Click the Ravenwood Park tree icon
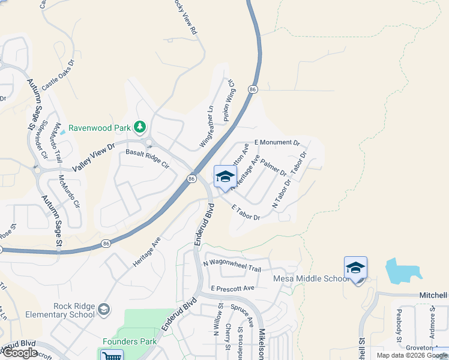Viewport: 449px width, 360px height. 140,127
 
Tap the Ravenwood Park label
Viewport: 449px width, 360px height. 100,127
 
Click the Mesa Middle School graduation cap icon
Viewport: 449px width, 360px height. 355,267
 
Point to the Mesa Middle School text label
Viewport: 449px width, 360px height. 310,278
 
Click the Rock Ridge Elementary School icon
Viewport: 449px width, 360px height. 104,310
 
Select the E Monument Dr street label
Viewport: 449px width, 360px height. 277,143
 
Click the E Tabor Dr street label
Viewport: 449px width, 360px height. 246,211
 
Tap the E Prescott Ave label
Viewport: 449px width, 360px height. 233,288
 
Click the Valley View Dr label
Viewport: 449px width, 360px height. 93,158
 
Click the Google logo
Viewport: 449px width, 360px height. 20,352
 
